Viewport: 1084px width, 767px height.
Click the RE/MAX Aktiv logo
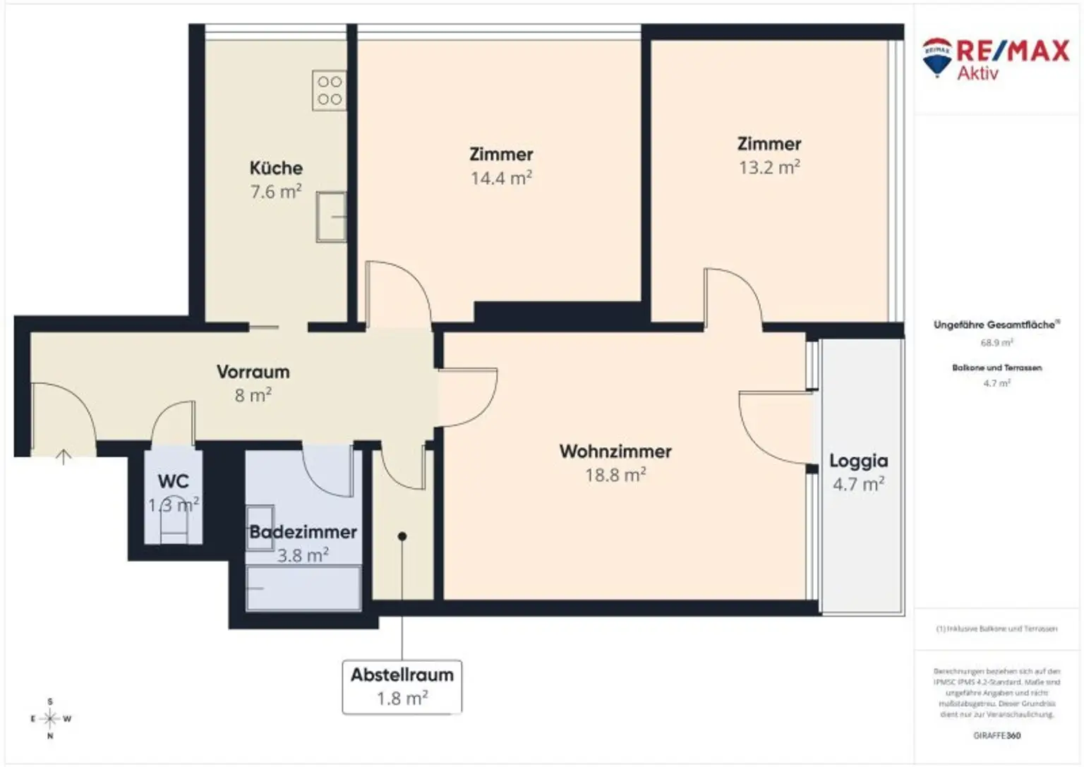[x=995, y=58]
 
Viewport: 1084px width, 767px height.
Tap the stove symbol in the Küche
[x=329, y=90]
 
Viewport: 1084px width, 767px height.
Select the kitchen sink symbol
[x=331, y=217]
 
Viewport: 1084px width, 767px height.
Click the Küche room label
[x=276, y=168]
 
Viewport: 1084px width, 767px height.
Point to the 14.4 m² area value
[x=501, y=179]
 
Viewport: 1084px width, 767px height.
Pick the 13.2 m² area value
[x=769, y=168]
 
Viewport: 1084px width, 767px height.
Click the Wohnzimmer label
[x=615, y=452]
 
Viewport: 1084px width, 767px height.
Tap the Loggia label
[x=858, y=461]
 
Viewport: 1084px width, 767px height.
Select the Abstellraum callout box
[x=402, y=687]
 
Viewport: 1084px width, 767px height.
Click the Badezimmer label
[x=303, y=532]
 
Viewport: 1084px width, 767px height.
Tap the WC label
[x=173, y=481]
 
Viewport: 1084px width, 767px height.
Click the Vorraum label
[x=253, y=372]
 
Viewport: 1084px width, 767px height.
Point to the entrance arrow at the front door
[x=64, y=457]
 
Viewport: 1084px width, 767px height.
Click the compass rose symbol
[x=50, y=719]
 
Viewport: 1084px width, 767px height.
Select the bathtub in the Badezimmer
[x=303, y=588]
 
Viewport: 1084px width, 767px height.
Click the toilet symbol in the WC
[x=174, y=526]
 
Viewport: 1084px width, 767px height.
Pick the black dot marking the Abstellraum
[x=402, y=536]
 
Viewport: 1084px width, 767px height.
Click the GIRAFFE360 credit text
[x=996, y=735]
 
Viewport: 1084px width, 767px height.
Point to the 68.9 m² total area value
[x=996, y=343]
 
